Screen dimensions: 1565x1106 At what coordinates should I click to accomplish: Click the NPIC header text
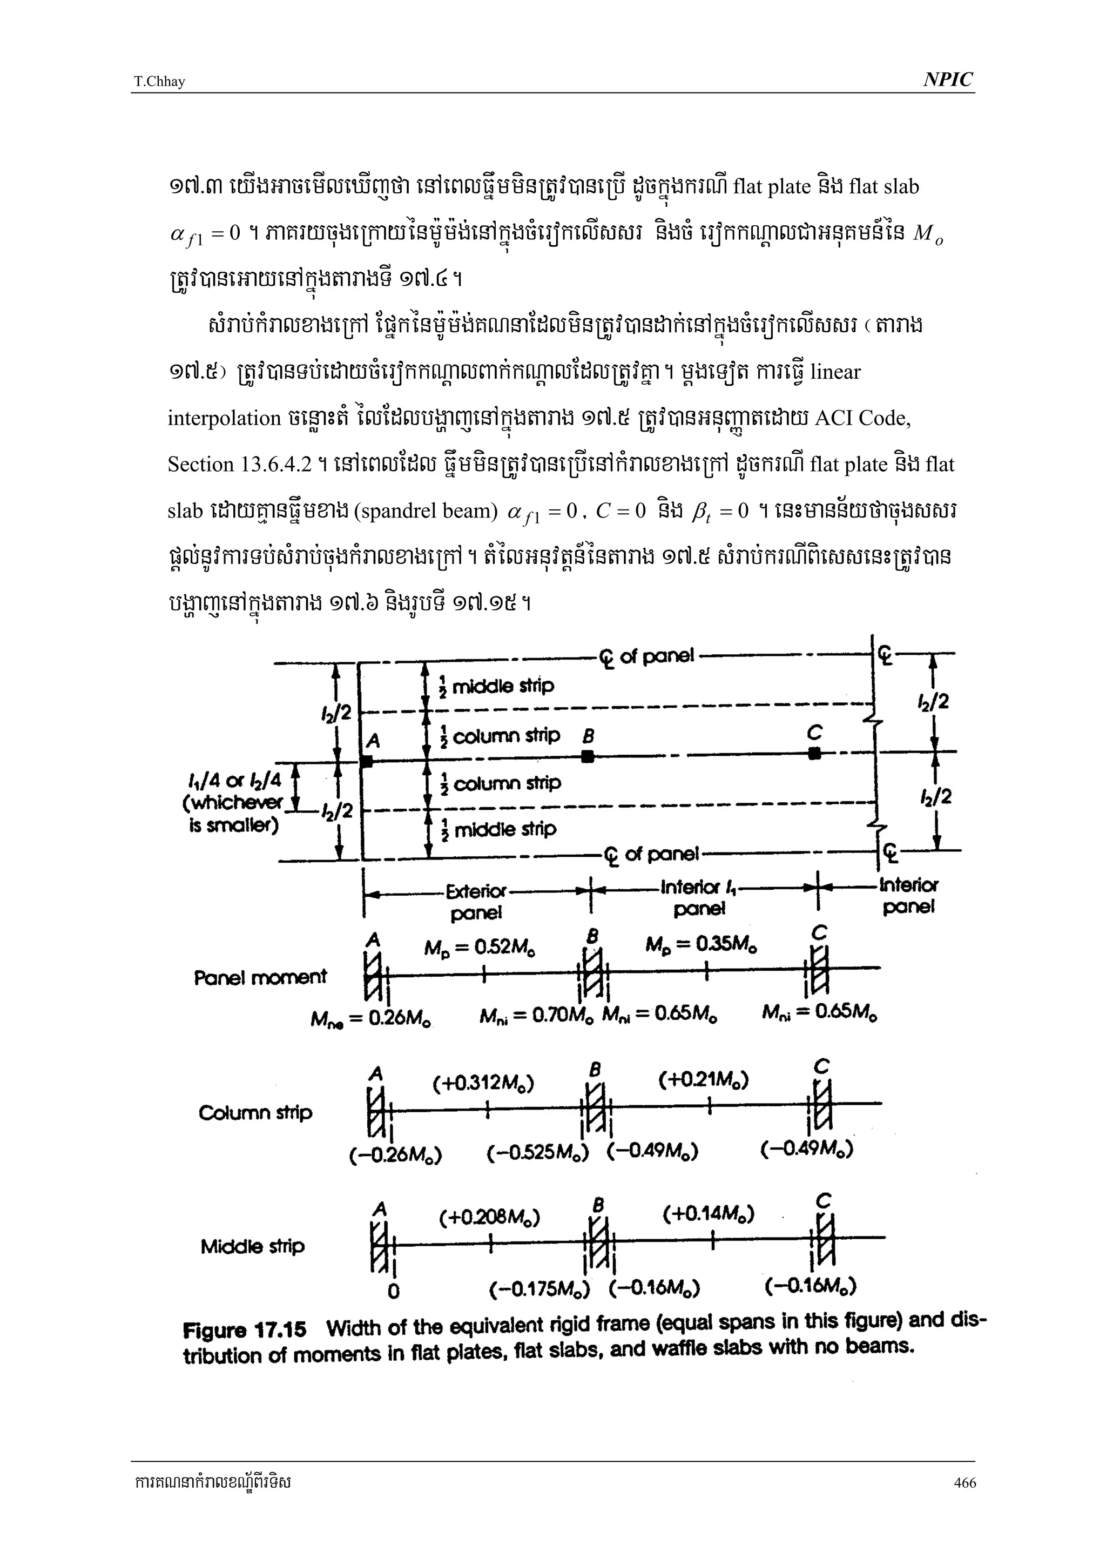point(948,80)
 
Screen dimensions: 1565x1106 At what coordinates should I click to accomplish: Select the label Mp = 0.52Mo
point(479,948)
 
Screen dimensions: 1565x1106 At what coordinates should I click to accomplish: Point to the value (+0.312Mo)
point(483,1083)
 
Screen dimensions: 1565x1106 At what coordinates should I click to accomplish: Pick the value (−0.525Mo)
point(538,1153)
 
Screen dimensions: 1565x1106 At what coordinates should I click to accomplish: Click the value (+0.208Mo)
point(489,1217)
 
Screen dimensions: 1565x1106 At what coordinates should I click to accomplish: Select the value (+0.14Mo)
point(708,1214)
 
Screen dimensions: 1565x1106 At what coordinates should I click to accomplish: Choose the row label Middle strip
point(252,1247)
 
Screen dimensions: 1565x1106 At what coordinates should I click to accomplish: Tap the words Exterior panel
point(476,901)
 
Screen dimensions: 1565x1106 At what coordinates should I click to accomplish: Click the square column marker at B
point(588,756)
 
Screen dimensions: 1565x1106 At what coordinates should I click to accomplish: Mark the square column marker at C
point(814,753)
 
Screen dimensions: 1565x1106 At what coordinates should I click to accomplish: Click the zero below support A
point(393,1291)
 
